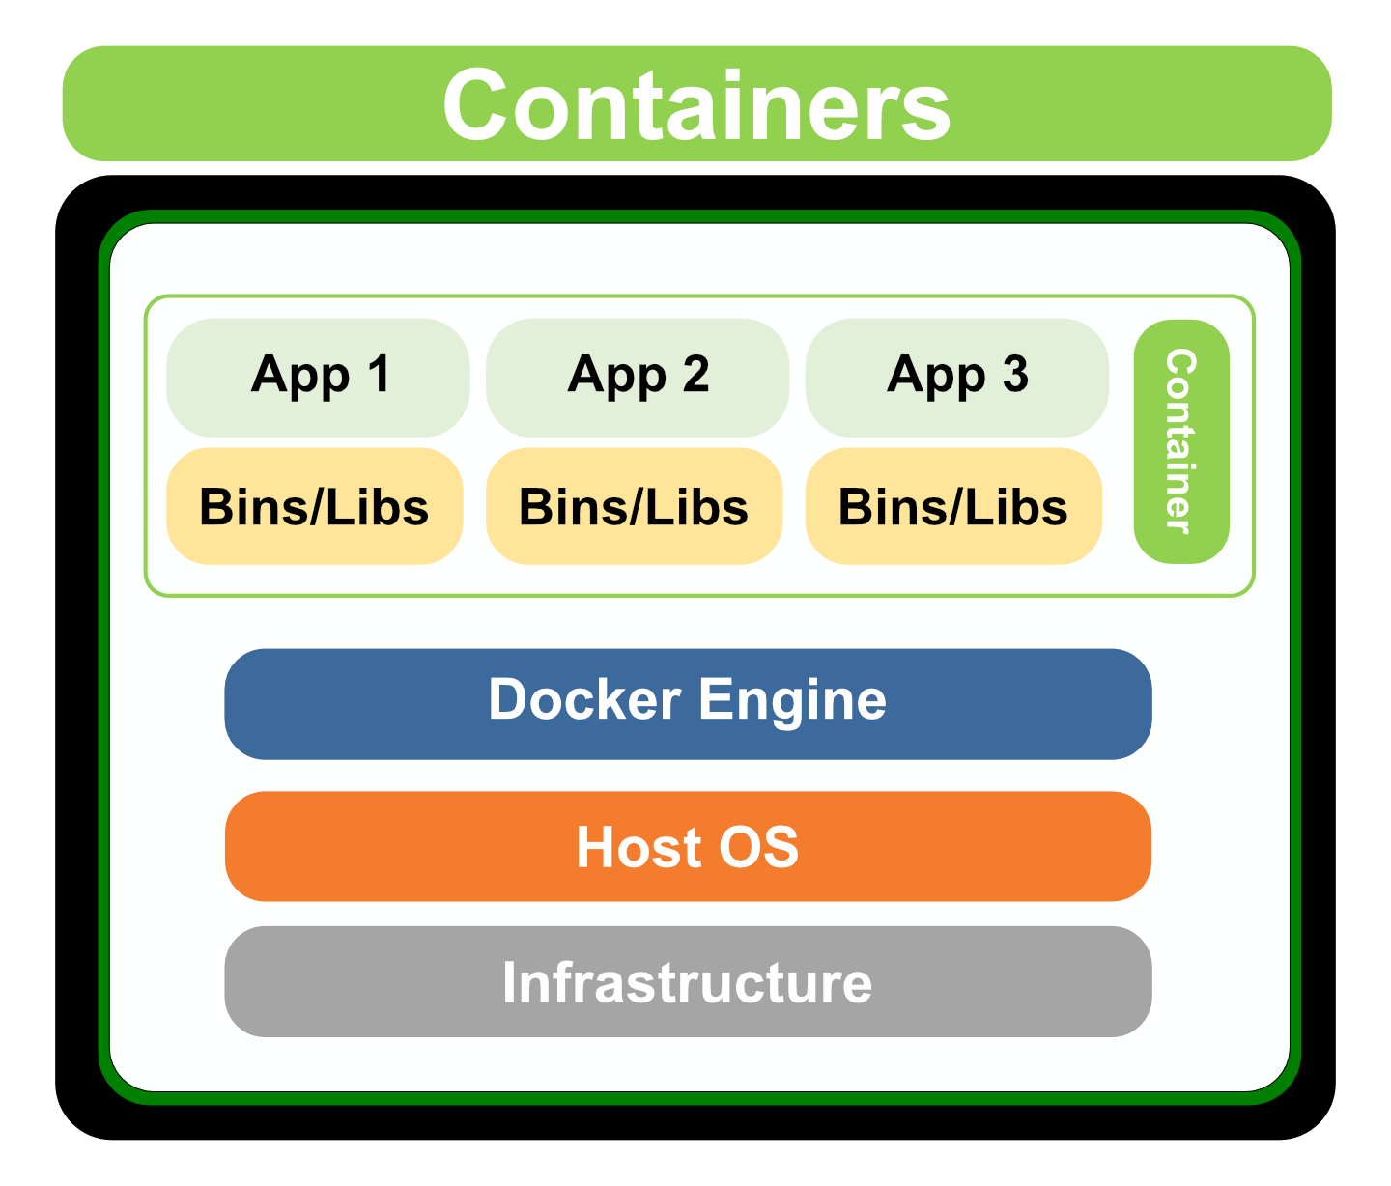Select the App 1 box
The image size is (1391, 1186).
[x=317, y=377]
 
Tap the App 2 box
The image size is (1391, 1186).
[x=637, y=377]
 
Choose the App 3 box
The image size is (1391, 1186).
[x=956, y=377]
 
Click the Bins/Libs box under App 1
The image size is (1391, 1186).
[x=314, y=506]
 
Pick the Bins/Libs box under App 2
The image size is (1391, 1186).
[x=634, y=506]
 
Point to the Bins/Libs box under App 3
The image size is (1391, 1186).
[x=953, y=506]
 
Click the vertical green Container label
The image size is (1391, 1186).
[x=1180, y=441]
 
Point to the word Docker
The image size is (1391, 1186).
[x=584, y=699]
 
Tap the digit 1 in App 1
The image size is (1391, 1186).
[x=379, y=374]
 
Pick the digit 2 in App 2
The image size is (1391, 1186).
[x=695, y=374]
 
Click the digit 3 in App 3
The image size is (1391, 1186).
[x=1014, y=374]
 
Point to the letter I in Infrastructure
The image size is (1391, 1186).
[x=510, y=982]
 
